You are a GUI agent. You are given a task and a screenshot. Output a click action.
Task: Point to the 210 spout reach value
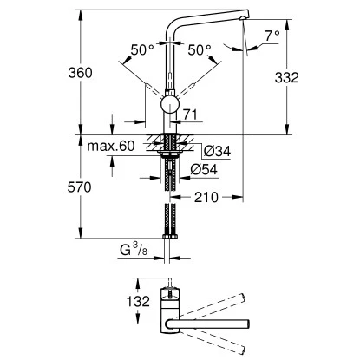[x=206, y=198]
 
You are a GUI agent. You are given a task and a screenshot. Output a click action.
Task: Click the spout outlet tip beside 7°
[x=245, y=20]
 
